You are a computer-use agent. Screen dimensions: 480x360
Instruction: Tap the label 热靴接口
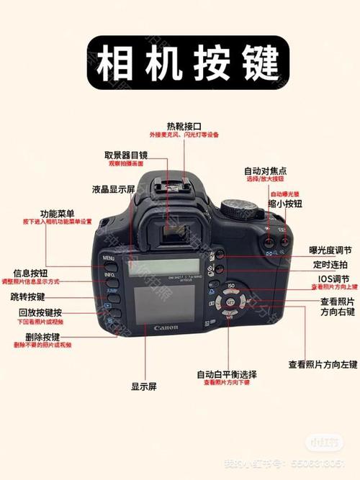point(184,125)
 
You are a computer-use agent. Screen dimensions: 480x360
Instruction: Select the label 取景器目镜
point(126,155)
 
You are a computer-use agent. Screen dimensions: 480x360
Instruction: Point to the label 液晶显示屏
point(114,189)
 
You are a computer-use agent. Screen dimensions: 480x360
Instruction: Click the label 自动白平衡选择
point(227,374)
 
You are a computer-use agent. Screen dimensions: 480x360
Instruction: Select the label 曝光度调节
point(330,250)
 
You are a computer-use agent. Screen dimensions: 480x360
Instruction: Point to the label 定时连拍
point(333,264)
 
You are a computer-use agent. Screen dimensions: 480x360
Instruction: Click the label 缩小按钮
point(285,204)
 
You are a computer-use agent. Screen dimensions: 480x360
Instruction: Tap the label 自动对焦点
point(265,171)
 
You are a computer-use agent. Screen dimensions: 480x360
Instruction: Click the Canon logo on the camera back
point(166,328)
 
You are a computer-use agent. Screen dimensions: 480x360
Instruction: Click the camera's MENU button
point(109,258)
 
